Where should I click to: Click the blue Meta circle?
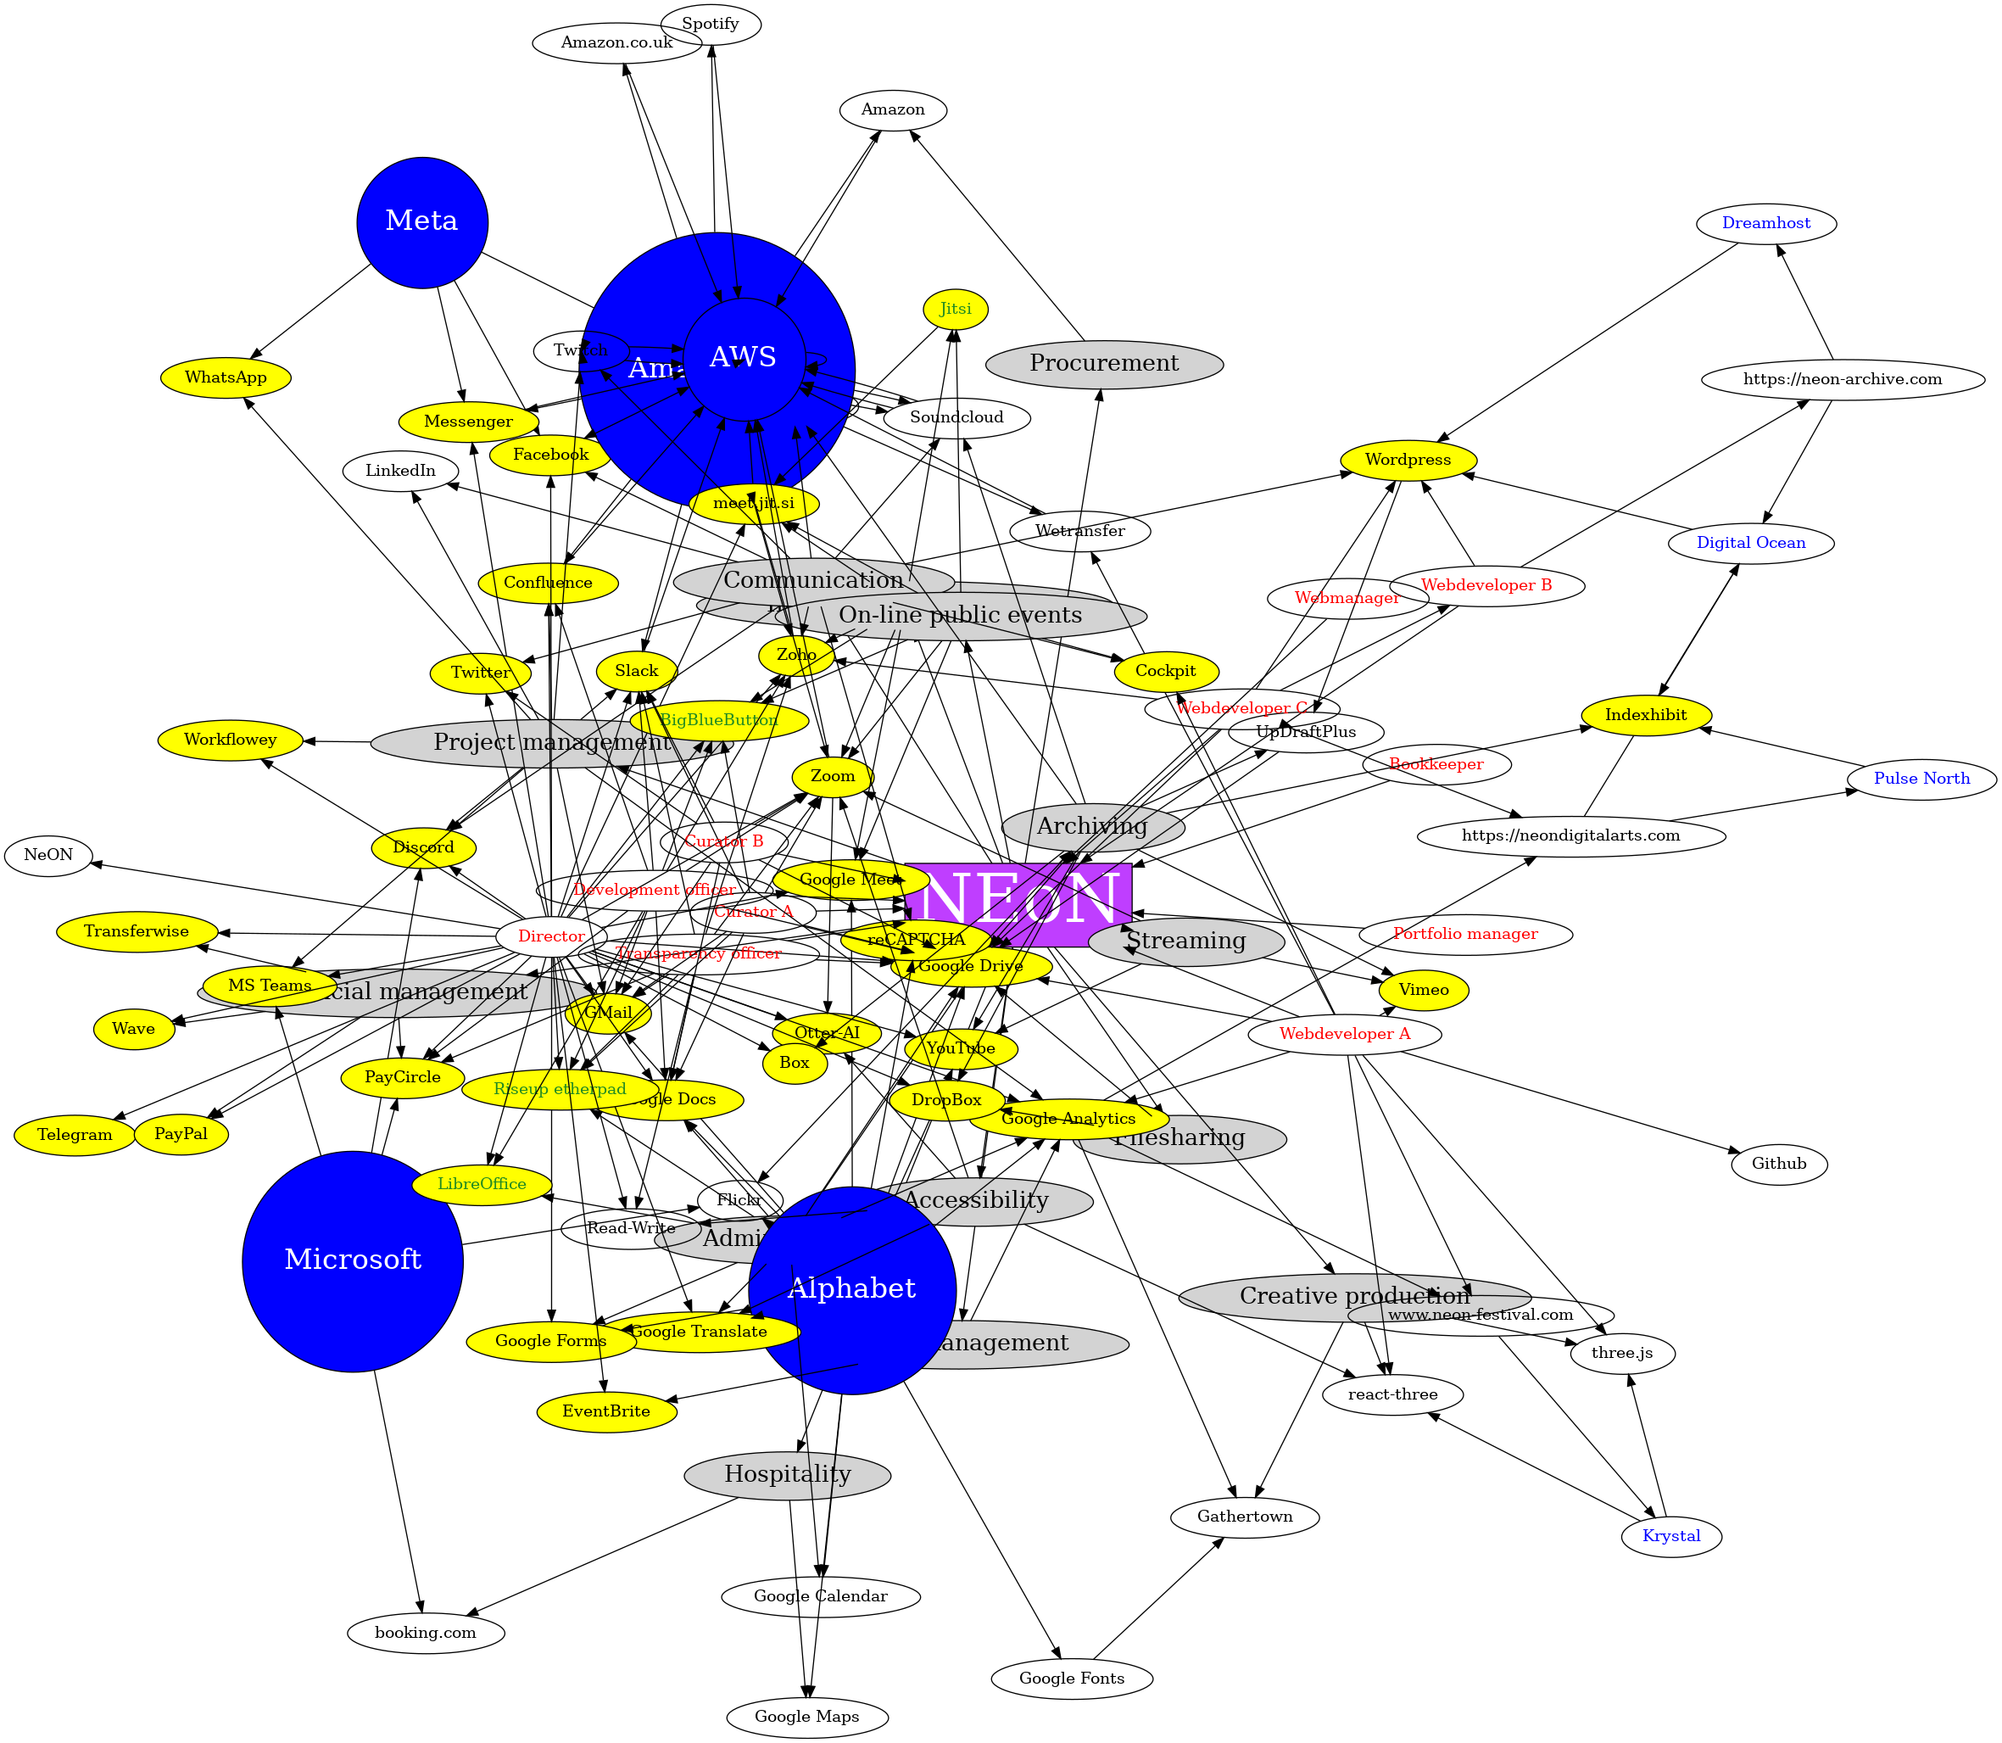422,221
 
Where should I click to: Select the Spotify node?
710,25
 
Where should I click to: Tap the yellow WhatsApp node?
226,377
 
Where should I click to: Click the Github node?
1778,1164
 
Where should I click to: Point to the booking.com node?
426,1632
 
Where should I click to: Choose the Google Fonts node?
1072,1678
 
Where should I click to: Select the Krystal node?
1671,1536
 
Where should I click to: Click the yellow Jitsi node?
955,310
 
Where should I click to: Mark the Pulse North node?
1921,778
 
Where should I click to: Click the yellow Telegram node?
75,1135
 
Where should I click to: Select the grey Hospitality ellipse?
788,1474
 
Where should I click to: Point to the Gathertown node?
1245,1517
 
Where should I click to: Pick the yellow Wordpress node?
1407,460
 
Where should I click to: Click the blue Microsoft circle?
353,1260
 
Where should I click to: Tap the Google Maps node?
807,1717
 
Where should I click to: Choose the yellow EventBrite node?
607,1411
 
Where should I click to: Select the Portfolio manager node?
1465,935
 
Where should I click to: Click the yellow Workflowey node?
231,740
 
